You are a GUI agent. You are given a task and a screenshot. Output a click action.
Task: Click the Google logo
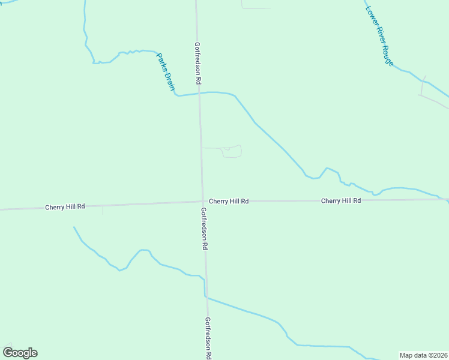point(20,353)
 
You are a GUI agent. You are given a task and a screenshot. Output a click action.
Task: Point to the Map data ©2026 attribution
point(423,355)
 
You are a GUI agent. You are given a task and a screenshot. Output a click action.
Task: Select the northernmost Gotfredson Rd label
point(197,62)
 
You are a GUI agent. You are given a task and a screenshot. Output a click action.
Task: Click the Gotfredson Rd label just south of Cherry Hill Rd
point(204,228)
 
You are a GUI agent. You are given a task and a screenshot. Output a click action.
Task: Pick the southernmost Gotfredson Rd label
point(208,338)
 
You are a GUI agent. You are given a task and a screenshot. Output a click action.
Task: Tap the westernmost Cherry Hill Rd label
point(65,206)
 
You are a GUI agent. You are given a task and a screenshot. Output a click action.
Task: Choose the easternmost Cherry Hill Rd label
point(340,200)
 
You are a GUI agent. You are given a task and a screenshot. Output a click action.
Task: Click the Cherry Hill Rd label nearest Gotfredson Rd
point(229,202)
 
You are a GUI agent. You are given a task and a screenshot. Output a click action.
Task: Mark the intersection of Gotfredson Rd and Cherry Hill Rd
point(202,202)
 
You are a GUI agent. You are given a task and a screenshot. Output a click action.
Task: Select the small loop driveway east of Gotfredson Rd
point(231,152)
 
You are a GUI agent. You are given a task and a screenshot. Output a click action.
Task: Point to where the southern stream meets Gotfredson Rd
point(206,296)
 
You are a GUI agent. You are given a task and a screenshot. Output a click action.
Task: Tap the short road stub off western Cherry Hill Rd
point(103,209)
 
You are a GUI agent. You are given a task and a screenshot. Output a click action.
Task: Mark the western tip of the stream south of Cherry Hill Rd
point(74,227)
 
